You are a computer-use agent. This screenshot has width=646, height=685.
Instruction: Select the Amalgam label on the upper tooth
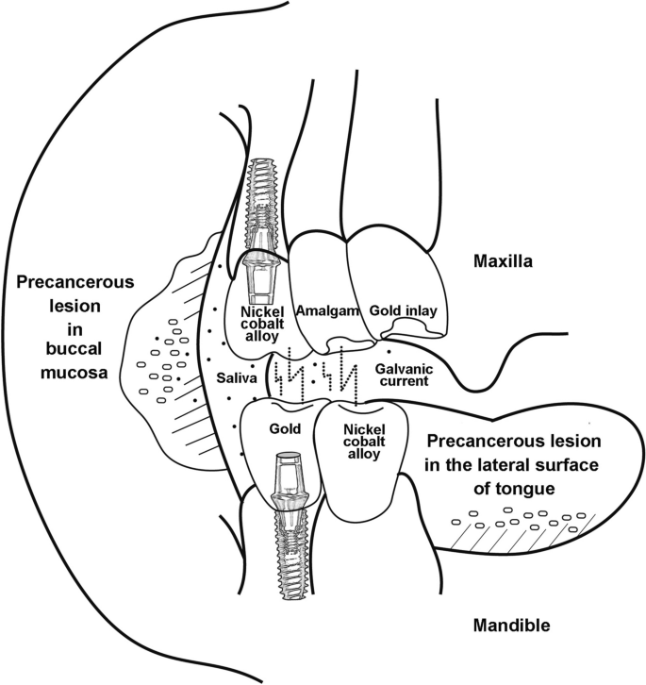click(x=322, y=309)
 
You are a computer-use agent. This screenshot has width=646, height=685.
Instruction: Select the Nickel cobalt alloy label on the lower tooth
click(x=356, y=442)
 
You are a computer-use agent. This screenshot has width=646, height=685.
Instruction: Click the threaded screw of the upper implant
click(x=258, y=193)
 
